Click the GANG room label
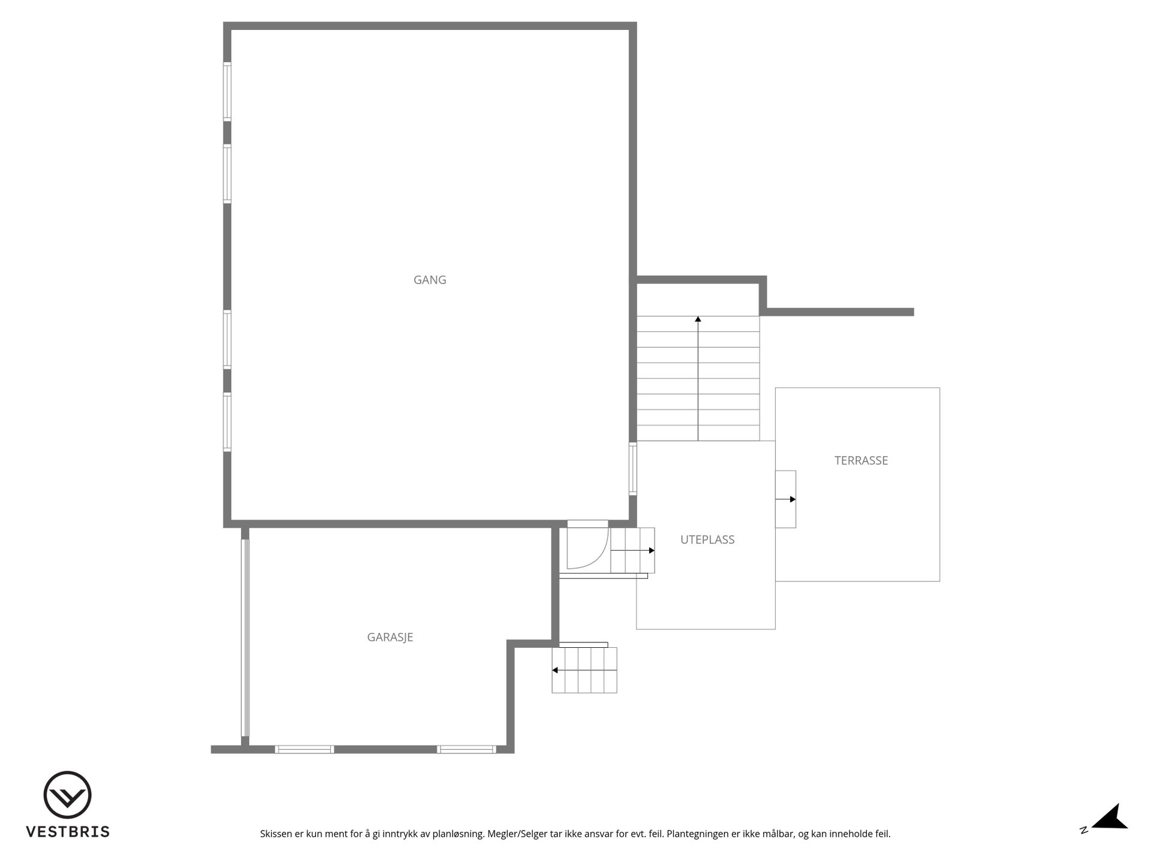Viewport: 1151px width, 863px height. (430, 280)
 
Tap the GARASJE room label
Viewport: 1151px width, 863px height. (390, 637)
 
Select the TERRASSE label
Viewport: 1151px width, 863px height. (861, 460)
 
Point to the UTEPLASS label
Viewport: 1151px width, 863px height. (707, 539)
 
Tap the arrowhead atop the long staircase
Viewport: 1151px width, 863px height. (698, 319)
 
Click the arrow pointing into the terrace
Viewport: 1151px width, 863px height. (786, 499)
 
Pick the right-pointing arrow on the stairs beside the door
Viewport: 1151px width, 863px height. (632, 550)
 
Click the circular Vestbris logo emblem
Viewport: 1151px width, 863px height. (67, 795)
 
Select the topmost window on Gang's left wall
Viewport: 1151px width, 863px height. (227, 92)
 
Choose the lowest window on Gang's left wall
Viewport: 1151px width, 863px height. (227, 422)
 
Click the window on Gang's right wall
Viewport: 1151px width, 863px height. (632, 469)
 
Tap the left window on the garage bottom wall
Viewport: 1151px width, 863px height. (305, 749)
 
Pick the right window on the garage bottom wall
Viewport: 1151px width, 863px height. (466, 749)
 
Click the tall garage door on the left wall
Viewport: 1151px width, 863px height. (245, 638)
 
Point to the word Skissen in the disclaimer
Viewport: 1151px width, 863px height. (276, 834)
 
